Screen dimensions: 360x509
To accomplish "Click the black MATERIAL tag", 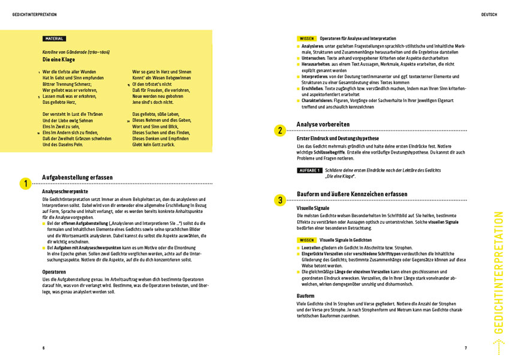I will (54, 39).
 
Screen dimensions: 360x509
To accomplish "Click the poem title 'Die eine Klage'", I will (59, 61).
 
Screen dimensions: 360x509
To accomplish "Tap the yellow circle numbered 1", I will (25, 184).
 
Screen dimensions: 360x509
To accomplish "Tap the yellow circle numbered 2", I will (280, 130).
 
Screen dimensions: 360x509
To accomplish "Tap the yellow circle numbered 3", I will (280, 200).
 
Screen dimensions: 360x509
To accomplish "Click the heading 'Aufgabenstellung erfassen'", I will (77, 178).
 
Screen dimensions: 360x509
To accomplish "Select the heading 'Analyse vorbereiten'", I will (323, 125).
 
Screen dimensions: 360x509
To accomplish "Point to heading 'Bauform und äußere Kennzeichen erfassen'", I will (352, 194).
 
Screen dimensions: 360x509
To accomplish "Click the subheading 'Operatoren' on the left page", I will (55, 271).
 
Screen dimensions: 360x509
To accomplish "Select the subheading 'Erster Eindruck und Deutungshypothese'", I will (338, 138).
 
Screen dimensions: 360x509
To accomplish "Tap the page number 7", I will (465, 348).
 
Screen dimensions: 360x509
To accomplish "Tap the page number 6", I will (43, 348).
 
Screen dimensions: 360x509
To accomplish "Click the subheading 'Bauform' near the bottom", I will (306, 296).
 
